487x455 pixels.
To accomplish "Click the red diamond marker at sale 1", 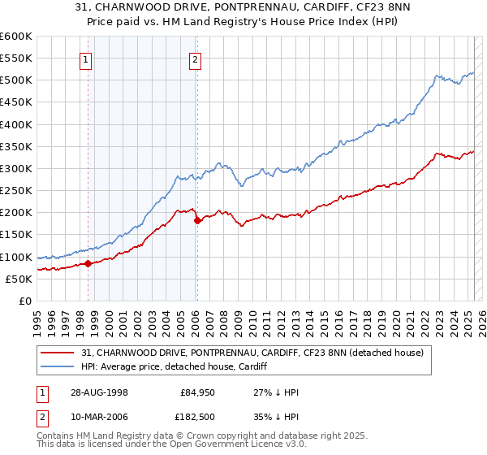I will pyautogui.click(x=88, y=263).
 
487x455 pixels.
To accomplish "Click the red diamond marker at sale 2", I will pyautogui.click(x=196, y=220).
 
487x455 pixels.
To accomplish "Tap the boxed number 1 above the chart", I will pyautogui.click(x=86, y=58).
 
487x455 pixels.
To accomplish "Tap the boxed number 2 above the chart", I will pyautogui.click(x=196, y=58).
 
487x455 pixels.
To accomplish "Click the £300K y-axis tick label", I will pyautogui.click(x=16, y=168).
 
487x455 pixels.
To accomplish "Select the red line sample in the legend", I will pyautogui.click(x=58, y=353).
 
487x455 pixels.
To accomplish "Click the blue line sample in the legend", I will pyautogui.click(x=58, y=366).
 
